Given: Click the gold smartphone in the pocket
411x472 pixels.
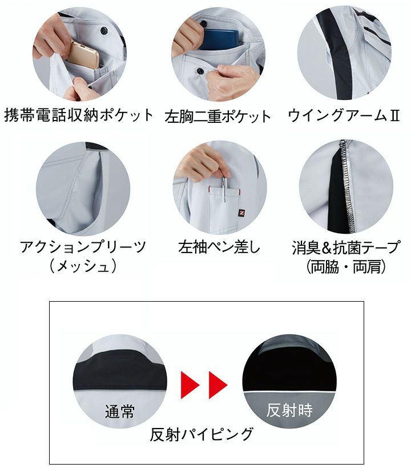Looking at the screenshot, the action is (85, 54).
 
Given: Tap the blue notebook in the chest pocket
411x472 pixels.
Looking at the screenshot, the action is (219, 38).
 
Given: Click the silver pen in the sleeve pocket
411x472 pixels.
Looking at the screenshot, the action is (223, 189).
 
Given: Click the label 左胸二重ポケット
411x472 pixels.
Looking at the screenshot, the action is (217, 117).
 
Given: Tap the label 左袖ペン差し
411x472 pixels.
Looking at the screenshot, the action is (219, 247).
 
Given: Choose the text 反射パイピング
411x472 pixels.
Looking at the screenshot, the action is (202, 434).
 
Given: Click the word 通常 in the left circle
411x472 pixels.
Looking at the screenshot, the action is (119, 411).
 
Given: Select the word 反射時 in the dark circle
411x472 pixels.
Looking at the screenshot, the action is (289, 410).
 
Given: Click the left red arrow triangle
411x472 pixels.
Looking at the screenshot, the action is (190, 385).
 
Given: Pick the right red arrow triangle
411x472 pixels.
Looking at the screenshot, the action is (218, 385).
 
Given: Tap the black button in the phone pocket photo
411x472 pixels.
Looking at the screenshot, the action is (104, 30).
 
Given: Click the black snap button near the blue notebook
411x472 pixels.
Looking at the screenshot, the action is (200, 71).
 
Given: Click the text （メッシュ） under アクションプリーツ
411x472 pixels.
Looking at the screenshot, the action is (83, 266).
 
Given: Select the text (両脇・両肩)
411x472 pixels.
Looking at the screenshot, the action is (346, 267).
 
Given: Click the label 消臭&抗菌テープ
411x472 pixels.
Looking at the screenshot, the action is (346, 247).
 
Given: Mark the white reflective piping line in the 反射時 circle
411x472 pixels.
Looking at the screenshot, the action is (289, 392).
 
